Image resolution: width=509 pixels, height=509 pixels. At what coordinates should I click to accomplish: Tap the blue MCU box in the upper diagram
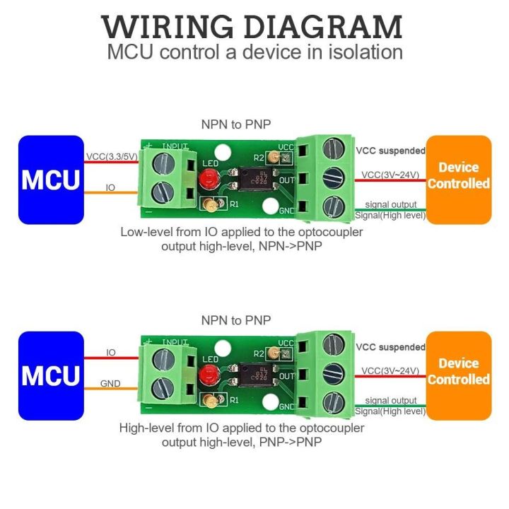(x=50, y=180)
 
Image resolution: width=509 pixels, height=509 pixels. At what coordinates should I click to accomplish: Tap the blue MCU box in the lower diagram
(x=50, y=375)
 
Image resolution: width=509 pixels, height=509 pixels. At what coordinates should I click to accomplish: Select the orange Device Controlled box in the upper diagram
(x=458, y=176)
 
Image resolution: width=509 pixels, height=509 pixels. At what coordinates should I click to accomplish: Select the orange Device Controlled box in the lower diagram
(x=458, y=372)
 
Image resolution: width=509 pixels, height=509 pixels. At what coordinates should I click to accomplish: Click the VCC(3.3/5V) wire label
(x=112, y=156)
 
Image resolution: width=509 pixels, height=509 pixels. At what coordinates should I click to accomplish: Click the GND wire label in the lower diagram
(x=110, y=384)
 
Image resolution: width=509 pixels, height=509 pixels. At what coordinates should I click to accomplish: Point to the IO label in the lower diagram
(x=111, y=351)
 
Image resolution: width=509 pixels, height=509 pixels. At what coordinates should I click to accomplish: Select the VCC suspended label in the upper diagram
(x=390, y=151)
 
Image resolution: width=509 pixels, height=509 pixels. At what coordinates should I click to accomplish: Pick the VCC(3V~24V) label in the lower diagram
(x=390, y=370)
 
